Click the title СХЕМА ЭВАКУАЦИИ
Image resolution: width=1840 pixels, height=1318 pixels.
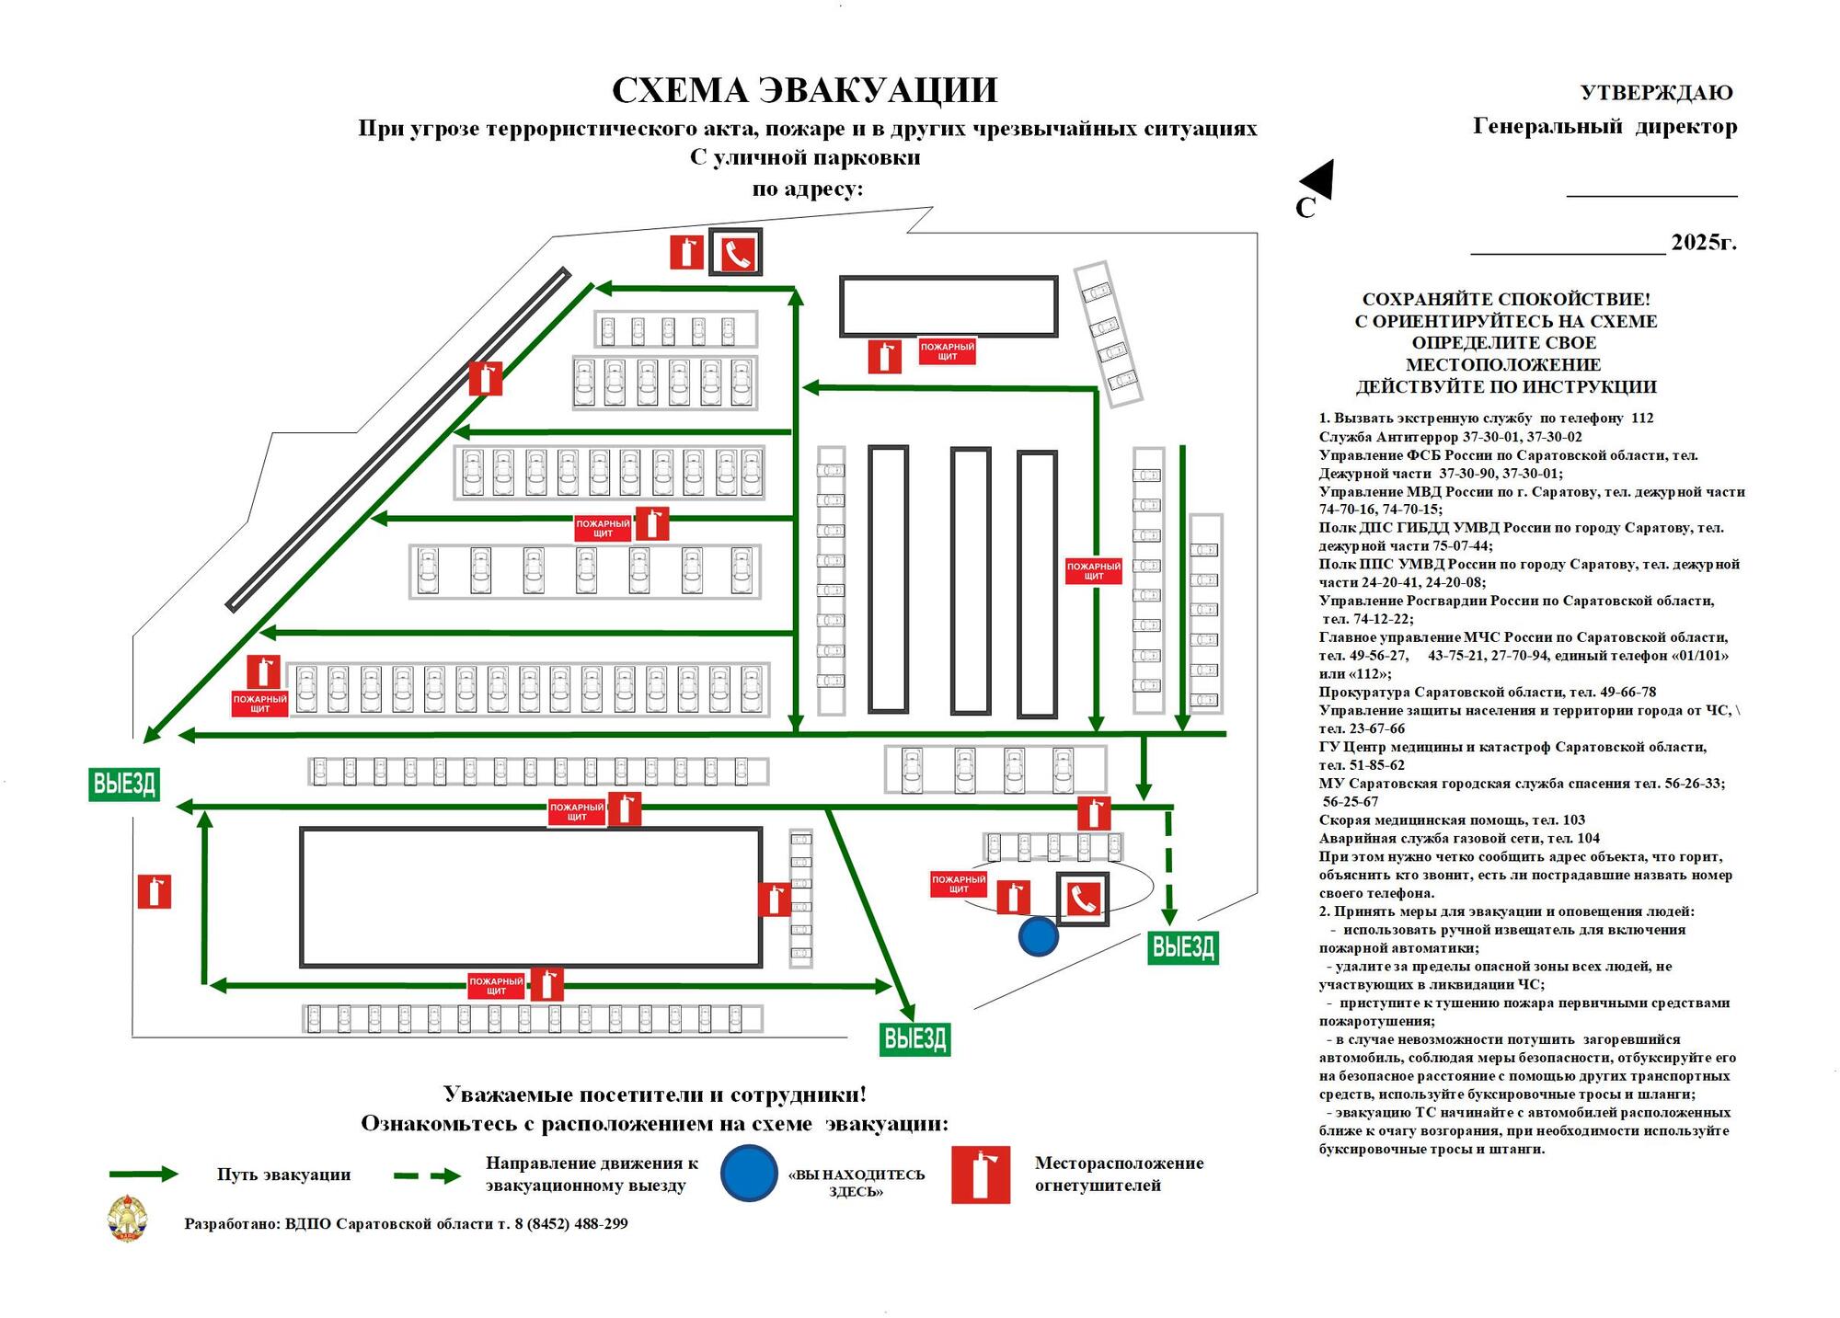[x=804, y=90]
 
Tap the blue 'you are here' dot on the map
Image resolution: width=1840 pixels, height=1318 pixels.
[x=1038, y=936]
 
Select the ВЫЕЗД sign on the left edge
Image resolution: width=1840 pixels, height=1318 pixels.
[x=124, y=784]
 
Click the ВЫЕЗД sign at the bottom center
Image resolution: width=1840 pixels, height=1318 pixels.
[x=914, y=1038]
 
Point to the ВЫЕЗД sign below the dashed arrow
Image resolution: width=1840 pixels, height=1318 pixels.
[x=1183, y=946]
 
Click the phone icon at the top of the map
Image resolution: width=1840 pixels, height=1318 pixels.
[x=736, y=252]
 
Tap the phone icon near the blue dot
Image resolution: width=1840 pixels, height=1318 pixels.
[x=1082, y=899]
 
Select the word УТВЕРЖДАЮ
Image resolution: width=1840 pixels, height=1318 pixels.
[x=1656, y=93]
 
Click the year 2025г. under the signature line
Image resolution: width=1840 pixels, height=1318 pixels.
[x=1704, y=242]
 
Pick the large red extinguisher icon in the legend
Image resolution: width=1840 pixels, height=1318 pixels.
[x=981, y=1175]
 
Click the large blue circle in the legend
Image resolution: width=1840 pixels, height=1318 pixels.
[x=749, y=1173]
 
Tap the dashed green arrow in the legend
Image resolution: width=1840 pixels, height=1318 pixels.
[x=427, y=1175]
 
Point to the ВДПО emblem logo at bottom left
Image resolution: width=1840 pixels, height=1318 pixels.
[x=127, y=1219]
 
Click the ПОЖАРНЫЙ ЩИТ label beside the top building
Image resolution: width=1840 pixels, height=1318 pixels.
[x=947, y=350]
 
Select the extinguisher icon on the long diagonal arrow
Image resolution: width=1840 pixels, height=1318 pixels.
[x=486, y=378]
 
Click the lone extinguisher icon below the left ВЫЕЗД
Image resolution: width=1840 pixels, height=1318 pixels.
[x=154, y=891]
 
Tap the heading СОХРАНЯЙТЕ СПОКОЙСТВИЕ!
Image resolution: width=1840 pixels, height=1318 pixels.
[x=1506, y=299]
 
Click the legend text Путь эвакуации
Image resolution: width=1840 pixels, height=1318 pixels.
[x=283, y=1175]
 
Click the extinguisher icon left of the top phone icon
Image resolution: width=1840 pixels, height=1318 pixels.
[x=686, y=252]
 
